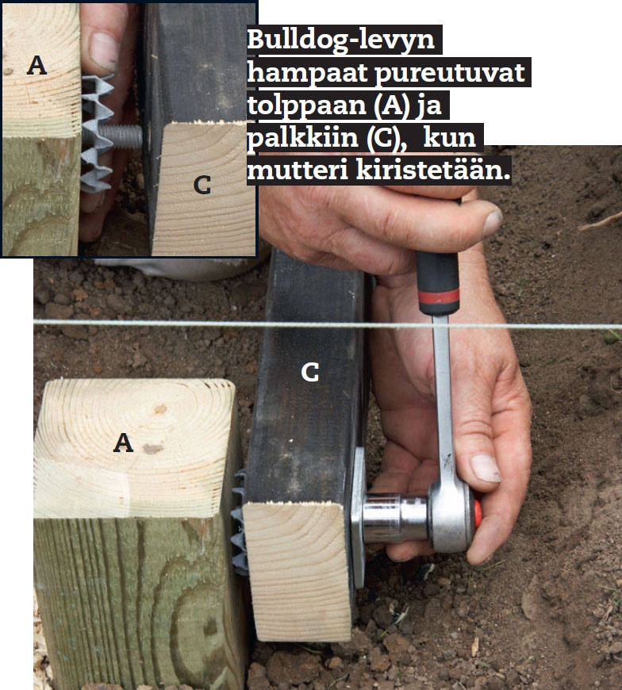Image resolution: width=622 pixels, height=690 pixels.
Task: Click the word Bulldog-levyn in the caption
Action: click(x=340, y=40)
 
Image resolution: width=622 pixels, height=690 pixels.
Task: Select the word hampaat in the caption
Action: click(x=307, y=73)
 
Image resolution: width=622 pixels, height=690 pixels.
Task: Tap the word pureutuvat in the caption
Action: click(x=450, y=74)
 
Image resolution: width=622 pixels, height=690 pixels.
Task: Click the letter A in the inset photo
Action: click(x=37, y=66)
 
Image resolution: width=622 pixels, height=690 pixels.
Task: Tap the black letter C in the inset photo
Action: click(x=202, y=185)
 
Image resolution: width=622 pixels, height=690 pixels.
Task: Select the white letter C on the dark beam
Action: click(x=310, y=373)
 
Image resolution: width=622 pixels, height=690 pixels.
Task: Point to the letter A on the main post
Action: click(x=123, y=443)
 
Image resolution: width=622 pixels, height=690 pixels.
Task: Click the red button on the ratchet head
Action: click(x=478, y=514)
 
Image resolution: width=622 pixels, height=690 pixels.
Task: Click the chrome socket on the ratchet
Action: click(x=394, y=518)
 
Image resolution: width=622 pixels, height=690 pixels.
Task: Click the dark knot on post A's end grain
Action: click(x=152, y=449)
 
